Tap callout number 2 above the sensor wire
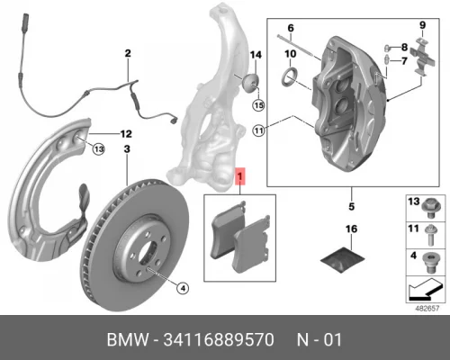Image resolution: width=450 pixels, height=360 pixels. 128,53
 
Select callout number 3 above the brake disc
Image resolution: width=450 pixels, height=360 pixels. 127,148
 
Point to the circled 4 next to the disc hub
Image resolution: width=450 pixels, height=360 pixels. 182,263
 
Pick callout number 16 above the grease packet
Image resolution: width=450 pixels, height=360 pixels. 352,230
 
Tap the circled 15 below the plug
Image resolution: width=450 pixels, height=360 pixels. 259,106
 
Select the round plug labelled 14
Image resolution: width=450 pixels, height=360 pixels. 251,85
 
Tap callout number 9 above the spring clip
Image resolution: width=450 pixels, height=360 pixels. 419,23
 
